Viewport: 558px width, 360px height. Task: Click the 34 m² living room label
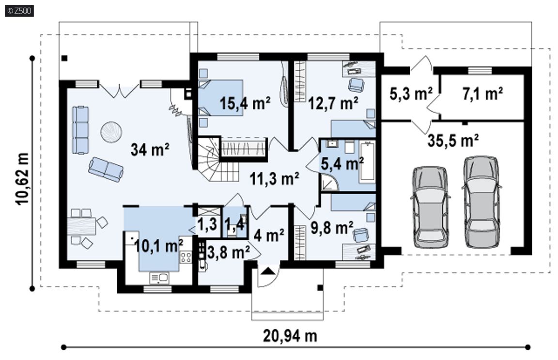pyautogui.click(x=150, y=150)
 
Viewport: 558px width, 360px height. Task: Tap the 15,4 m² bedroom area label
pyautogui.click(x=245, y=104)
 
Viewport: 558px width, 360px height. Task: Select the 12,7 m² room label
pyautogui.click(x=333, y=103)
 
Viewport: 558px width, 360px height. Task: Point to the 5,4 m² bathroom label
pyautogui.click(x=342, y=164)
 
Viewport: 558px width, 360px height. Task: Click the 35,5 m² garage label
pyautogui.click(x=453, y=141)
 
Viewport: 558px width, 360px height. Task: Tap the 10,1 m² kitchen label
pyautogui.click(x=159, y=246)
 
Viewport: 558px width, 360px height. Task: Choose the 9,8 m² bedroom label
pyautogui.click(x=332, y=228)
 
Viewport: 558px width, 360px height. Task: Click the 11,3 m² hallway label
pyautogui.click(x=274, y=178)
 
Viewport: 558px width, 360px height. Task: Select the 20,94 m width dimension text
pyautogui.click(x=290, y=335)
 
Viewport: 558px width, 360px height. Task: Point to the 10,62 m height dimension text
pyautogui.click(x=22, y=178)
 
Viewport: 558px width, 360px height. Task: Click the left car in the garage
pyautogui.click(x=430, y=207)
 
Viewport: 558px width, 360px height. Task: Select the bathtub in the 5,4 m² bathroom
pyautogui.click(x=367, y=161)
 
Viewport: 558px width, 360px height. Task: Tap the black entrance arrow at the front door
pyautogui.click(x=267, y=271)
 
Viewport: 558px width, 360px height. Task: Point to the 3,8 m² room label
pyautogui.click(x=229, y=252)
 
